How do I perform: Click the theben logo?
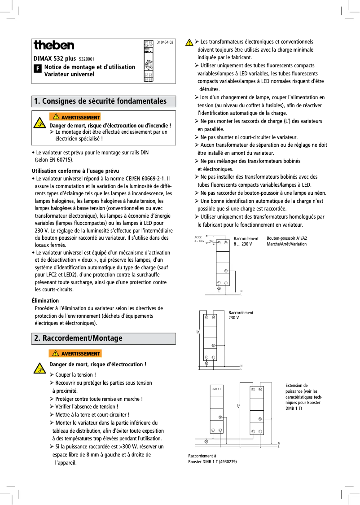coord(54,45)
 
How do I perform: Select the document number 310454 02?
coord(165,42)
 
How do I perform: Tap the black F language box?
coord(38,70)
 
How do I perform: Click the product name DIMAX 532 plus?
coord(54,58)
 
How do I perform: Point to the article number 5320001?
coord(86,59)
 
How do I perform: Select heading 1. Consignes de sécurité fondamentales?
coord(100,101)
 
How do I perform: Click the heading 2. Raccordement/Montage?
coord(78,338)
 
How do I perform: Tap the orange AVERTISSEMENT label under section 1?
coord(75,118)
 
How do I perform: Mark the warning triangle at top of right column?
coord(189,42)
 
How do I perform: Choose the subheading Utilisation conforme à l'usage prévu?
coord(75,171)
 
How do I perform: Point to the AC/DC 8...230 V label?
coord(199,239)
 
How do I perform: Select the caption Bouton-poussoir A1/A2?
coord(287,238)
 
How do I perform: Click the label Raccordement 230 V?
coord(241,315)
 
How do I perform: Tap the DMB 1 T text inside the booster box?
coord(216,389)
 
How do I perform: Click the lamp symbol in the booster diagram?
coord(206,441)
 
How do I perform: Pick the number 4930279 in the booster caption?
coord(227,461)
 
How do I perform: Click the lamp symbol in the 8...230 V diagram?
coord(219,289)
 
